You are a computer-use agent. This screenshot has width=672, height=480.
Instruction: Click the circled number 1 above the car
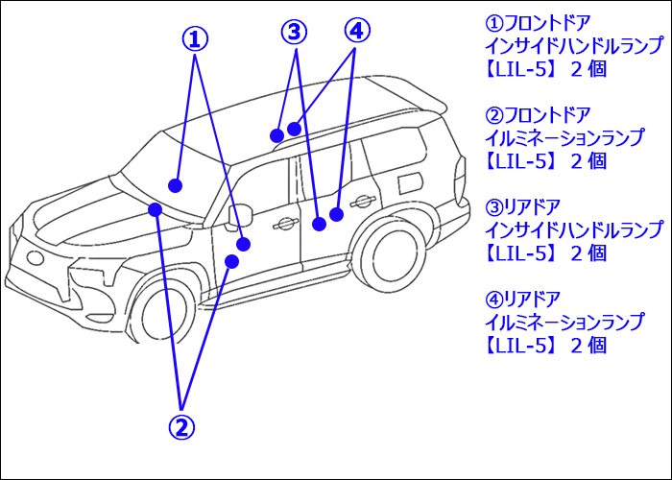(195, 38)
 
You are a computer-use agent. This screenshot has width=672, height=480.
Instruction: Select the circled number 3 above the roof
(294, 32)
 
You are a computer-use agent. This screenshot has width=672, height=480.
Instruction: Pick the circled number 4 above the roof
(356, 31)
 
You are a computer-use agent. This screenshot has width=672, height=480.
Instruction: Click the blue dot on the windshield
(175, 184)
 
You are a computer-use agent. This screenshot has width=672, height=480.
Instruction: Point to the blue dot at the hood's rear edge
(154, 208)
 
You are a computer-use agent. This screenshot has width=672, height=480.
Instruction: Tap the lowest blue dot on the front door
(231, 261)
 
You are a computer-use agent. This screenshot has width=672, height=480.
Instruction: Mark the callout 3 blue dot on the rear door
(319, 224)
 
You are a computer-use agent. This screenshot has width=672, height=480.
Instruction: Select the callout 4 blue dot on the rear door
(336, 214)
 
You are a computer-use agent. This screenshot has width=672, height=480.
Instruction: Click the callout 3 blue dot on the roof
(276, 134)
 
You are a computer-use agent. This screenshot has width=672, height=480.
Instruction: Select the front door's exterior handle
(284, 224)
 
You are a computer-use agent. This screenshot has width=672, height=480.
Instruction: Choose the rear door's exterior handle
(362, 201)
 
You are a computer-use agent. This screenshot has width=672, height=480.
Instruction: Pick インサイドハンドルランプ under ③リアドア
(573, 230)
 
